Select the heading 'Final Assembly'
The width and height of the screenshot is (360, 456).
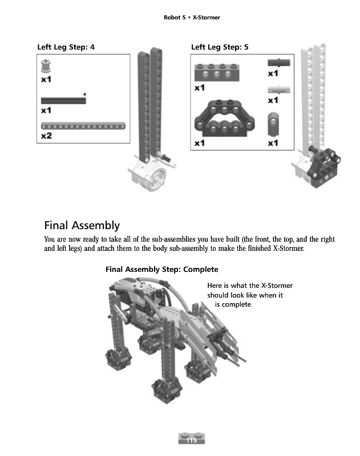[x=82, y=225]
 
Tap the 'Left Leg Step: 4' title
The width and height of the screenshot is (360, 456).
[x=66, y=47]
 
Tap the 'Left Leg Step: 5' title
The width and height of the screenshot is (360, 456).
[x=220, y=47]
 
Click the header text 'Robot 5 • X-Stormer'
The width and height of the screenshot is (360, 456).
[x=192, y=18]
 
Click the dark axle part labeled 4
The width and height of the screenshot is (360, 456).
[x=63, y=100]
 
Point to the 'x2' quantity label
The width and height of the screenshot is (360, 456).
[x=47, y=136]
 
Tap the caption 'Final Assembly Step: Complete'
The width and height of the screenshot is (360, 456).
[x=162, y=269]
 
